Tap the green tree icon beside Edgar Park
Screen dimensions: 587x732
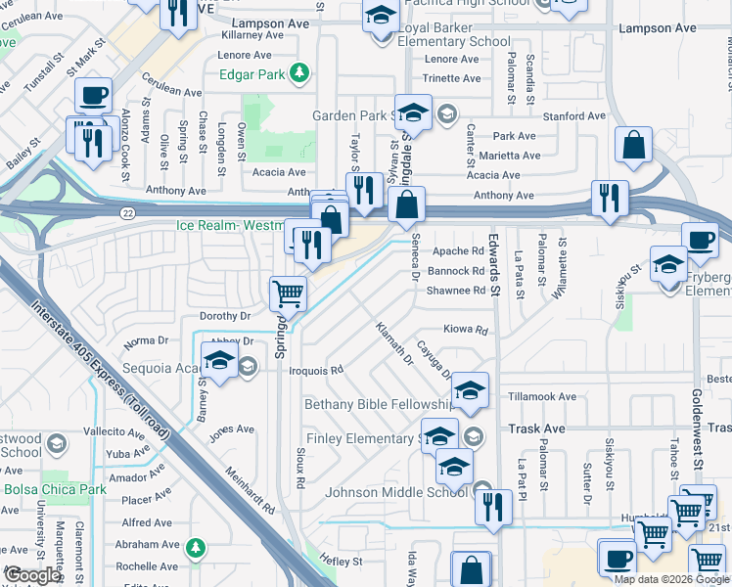[x=303, y=72]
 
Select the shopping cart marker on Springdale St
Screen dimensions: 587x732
[x=288, y=292]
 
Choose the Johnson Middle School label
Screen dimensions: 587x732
[x=397, y=492]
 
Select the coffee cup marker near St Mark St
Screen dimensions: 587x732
[x=94, y=95]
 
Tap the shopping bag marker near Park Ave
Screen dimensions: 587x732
[x=634, y=145]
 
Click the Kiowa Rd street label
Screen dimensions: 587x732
[x=466, y=331]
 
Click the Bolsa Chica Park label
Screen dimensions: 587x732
[x=55, y=489]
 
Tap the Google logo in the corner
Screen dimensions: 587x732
[x=31, y=575]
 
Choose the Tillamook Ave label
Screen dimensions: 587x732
[x=542, y=396]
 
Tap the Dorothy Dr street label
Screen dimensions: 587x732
[x=225, y=316]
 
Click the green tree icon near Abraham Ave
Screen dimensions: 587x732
[x=196, y=545]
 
